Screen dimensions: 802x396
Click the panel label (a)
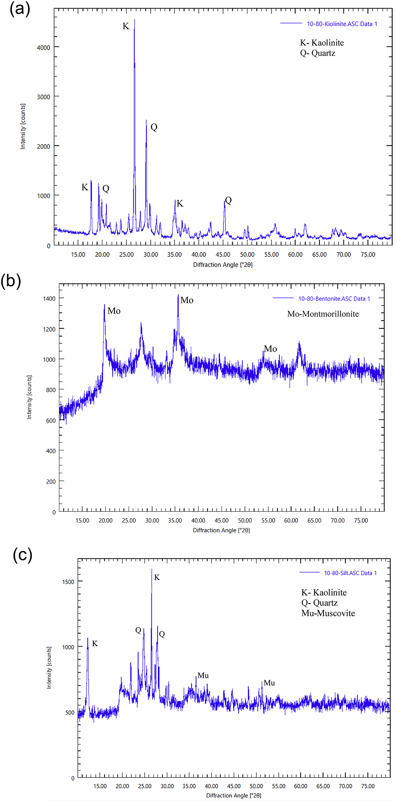pos(20,9)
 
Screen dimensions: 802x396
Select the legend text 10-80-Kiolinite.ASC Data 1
pos(342,24)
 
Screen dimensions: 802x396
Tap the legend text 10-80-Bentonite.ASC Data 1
pos(334,299)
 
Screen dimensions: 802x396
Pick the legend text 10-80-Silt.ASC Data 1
pos(350,573)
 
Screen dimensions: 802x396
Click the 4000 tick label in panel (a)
pos(43,48)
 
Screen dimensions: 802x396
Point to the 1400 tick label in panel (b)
pos(49,299)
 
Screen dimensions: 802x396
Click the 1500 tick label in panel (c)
pos(68,582)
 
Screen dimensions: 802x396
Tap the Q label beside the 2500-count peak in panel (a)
pos(154,127)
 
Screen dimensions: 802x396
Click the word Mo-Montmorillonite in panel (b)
pos(323,314)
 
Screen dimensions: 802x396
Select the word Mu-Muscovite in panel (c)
pos(328,613)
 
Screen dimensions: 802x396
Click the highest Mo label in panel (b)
pos(187,300)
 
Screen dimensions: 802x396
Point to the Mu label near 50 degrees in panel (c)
pos(269,683)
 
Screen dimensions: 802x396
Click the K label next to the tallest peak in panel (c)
pos(157,578)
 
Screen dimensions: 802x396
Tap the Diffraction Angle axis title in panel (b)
pos(221,530)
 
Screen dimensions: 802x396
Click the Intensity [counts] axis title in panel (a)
pos(23,126)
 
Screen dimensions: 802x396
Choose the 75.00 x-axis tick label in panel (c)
pos(367,786)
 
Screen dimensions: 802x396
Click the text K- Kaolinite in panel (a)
pos(322,43)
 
